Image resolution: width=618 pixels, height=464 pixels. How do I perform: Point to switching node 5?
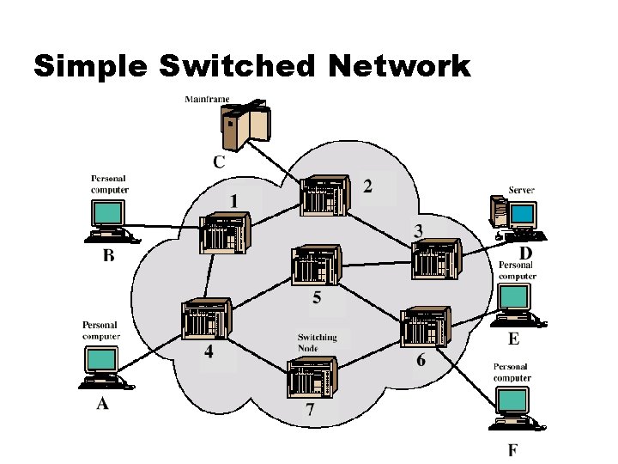(316, 267)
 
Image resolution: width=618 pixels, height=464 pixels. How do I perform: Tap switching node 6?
(424, 327)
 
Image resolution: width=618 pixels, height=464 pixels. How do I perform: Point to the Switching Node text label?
(317, 343)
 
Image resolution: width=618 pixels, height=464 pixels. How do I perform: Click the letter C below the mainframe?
(219, 162)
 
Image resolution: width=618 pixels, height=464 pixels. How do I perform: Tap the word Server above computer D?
(522, 190)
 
